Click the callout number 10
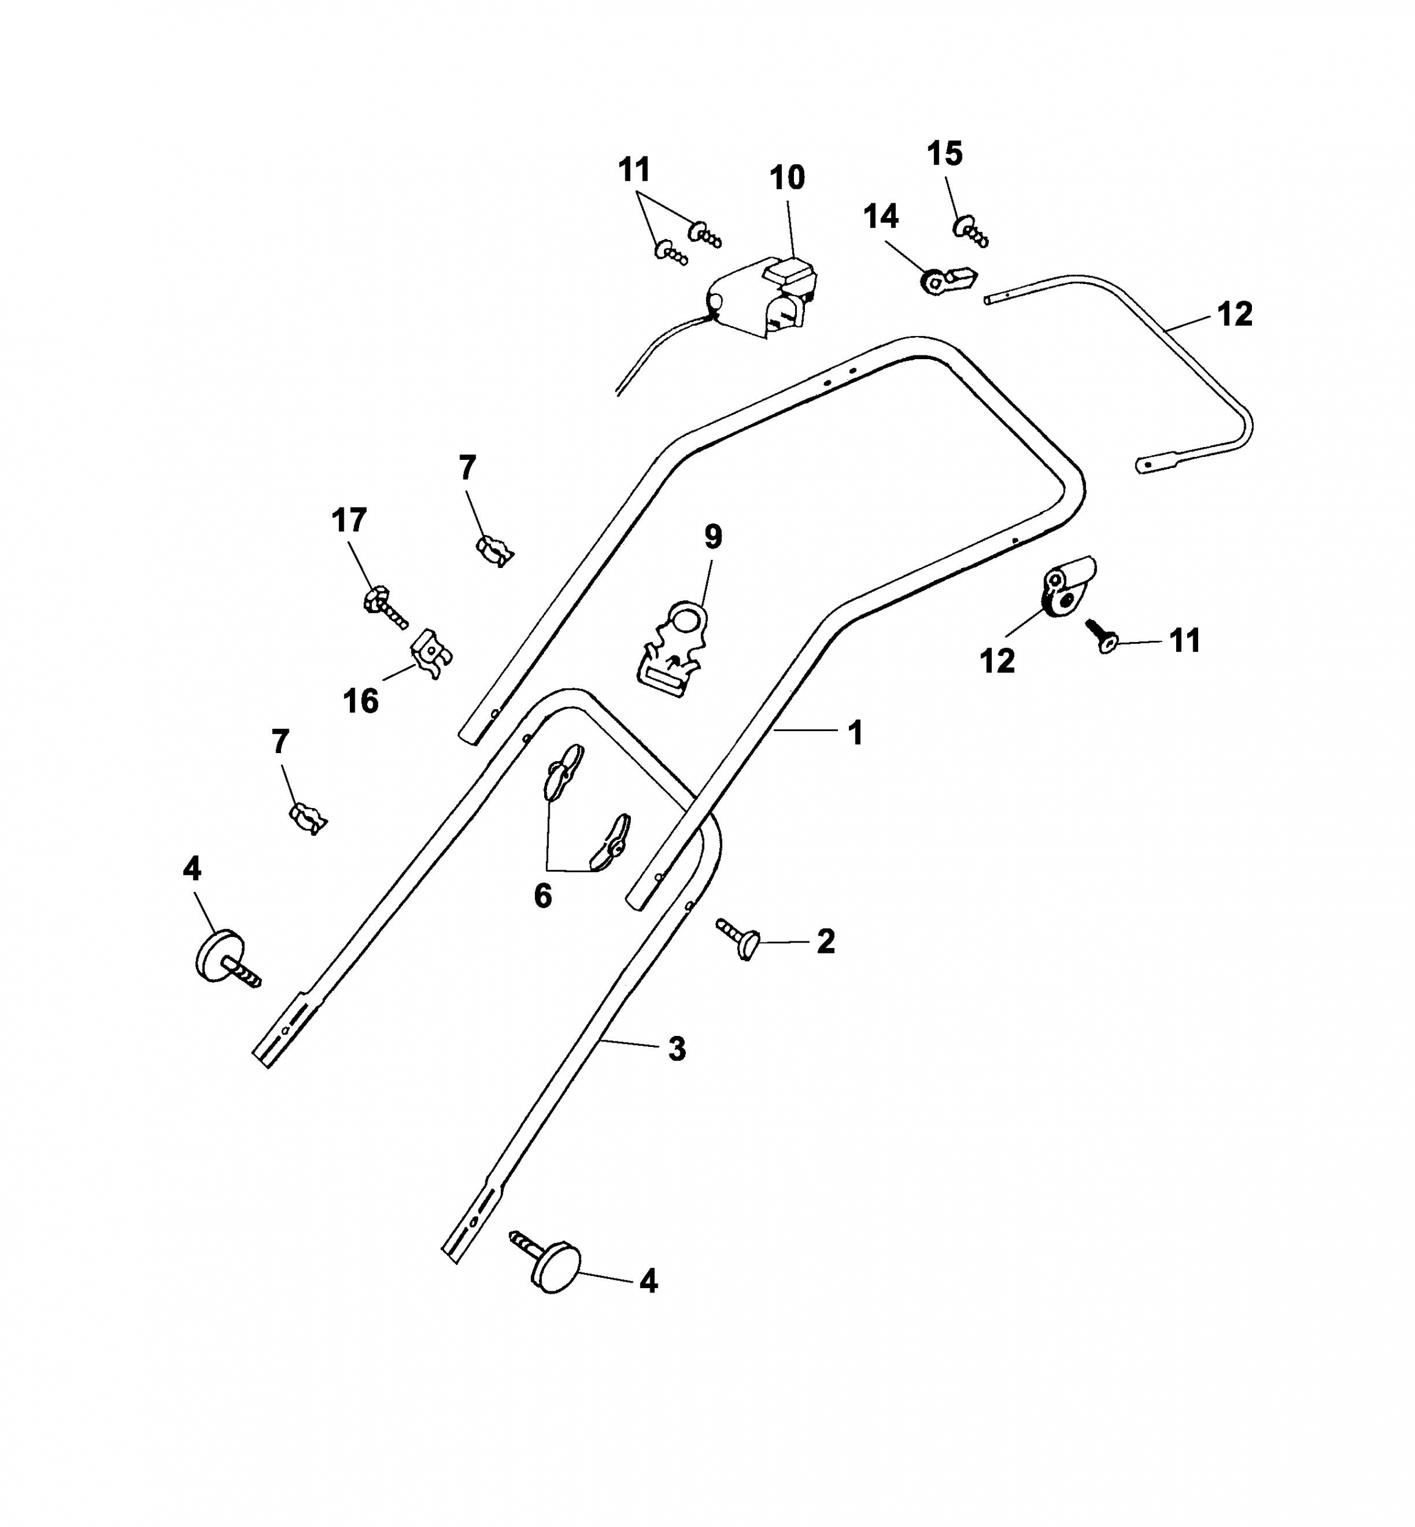pyautogui.click(x=787, y=178)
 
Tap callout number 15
pyautogui.click(x=944, y=154)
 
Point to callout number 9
pyautogui.click(x=713, y=537)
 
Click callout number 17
pyautogui.click(x=349, y=521)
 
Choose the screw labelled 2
pyautogui.click(x=737, y=939)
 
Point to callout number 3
pyautogui.click(x=677, y=1049)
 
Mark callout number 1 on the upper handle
pyautogui.click(x=855, y=733)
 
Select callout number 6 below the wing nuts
pyautogui.click(x=543, y=896)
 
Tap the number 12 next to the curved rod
pyautogui.click(x=1234, y=314)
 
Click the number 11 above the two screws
pyautogui.click(x=634, y=170)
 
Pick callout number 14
pyautogui.click(x=881, y=217)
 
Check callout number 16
pyautogui.click(x=361, y=701)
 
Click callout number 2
pyautogui.click(x=826, y=941)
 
